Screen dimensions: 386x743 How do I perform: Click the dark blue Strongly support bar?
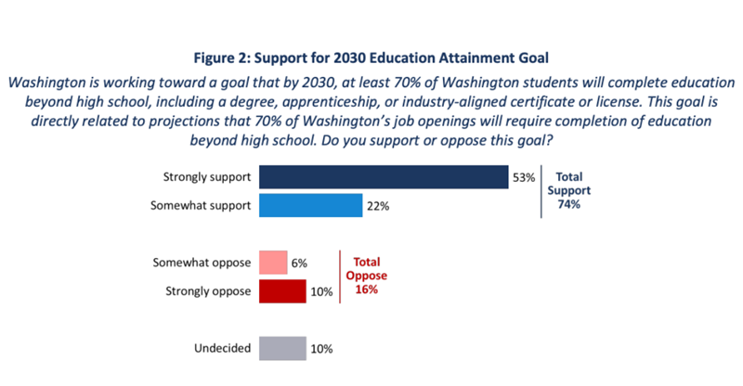point(383,176)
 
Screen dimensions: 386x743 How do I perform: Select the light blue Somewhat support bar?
point(310,205)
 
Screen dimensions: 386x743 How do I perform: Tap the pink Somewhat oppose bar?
point(272,263)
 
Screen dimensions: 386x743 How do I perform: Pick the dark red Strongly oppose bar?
point(282,291)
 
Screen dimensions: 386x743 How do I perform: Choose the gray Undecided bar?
point(282,348)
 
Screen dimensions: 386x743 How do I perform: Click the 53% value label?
point(523,176)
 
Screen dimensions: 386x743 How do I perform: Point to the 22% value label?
point(378,206)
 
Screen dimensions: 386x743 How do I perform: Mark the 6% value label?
point(301,264)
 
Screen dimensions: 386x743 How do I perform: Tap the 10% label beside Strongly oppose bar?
point(321,292)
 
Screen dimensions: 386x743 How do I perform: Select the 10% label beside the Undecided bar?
point(321,349)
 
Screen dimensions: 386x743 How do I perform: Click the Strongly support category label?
point(206,176)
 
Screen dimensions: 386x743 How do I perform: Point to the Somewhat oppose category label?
point(202,263)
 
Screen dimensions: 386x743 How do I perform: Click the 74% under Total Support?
point(569,204)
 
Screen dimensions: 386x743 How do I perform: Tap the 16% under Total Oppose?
point(365,289)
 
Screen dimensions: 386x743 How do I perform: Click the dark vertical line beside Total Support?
point(541,190)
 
